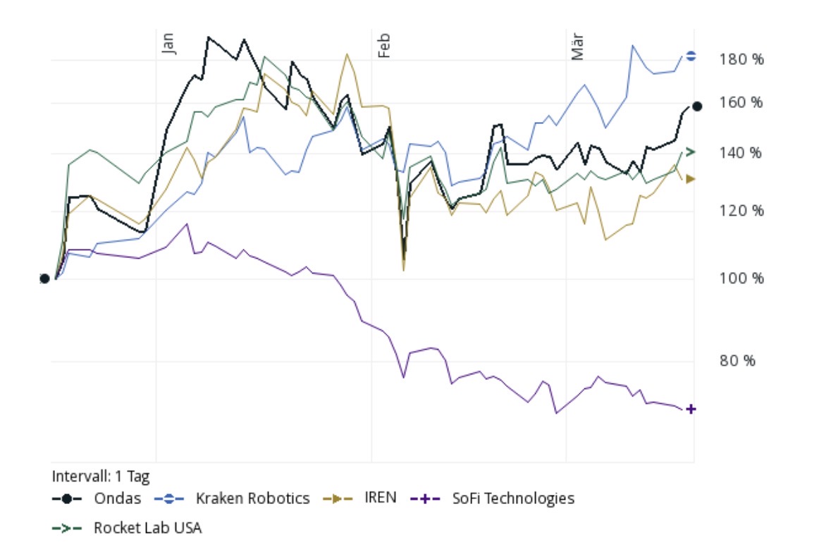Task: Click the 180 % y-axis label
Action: click(741, 59)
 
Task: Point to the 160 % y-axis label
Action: click(741, 103)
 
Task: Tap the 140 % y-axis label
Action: click(741, 153)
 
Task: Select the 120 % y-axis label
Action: click(741, 211)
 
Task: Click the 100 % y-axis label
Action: click(741, 278)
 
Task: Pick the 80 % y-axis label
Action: click(737, 361)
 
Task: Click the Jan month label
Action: click(168, 42)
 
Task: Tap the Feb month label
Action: click(383, 44)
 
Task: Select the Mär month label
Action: click(578, 44)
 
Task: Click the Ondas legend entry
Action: click(117, 498)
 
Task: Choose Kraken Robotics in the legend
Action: click(252, 498)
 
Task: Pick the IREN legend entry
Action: click(381, 498)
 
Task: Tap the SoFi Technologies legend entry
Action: click(512, 498)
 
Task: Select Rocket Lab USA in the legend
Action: click(147, 527)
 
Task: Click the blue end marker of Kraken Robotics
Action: click(691, 56)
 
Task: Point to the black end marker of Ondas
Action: click(697, 106)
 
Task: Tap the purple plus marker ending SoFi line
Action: click(691, 409)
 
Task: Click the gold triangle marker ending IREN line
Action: click(691, 179)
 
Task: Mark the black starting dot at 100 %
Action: click(44, 278)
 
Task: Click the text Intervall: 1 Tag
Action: click(101, 476)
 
